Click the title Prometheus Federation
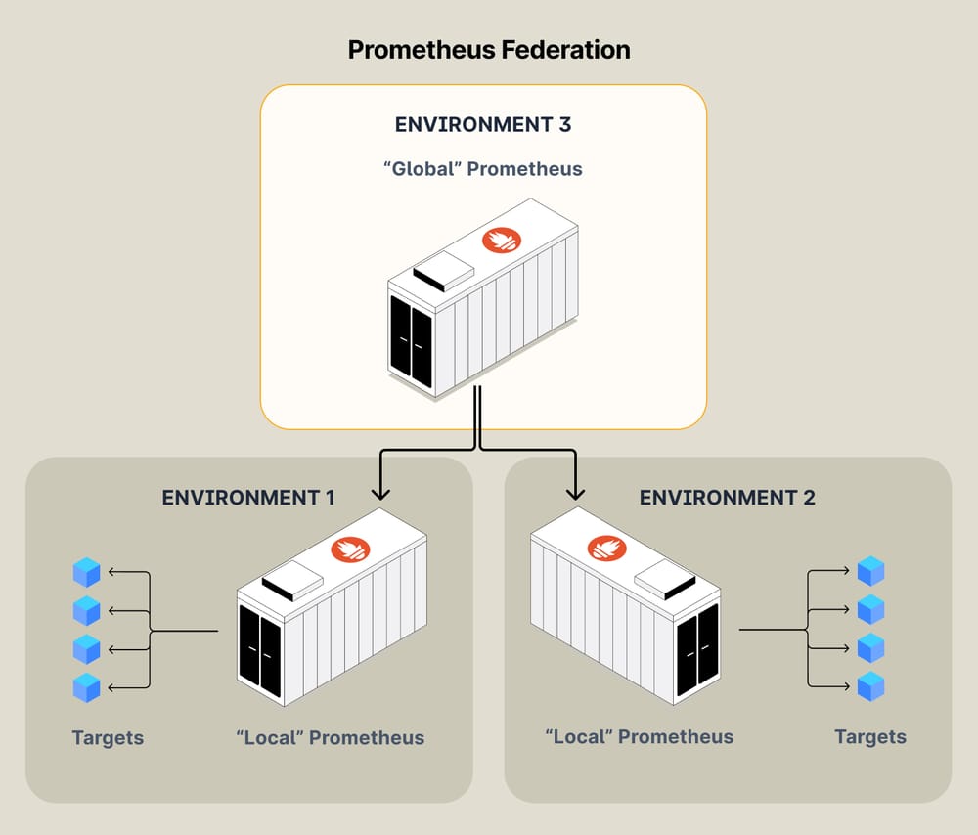pyautogui.click(x=489, y=49)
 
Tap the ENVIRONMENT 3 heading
pyautogui.click(x=483, y=125)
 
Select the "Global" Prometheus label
pyautogui.click(x=483, y=169)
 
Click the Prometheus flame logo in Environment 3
pyautogui.click(x=502, y=240)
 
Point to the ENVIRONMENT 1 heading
pyautogui.click(x=248, y=498)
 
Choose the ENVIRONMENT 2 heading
pyautogui.click(x=727, y=498)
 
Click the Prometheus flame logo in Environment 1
pyautogui.click(x=350, y=549)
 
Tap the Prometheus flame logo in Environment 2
pyautogui.click(x=606, y=549)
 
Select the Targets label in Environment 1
pyautogui.click(x=108, y=738)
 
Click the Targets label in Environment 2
pyautogui.click(x=869, y=737)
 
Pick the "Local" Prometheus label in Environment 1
pyautogui.click(x=331, y=738)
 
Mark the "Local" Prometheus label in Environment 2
pyautogui.click(x=639, y=736)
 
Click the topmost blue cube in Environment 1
pyautogui.click(x=87, y=572)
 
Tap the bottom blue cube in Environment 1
pyautogui.click(x=87, y=687)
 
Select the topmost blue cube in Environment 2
pyautogui.click(x=870, y=571)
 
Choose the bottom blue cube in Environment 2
pyautogui.click(x=870, y=686)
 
